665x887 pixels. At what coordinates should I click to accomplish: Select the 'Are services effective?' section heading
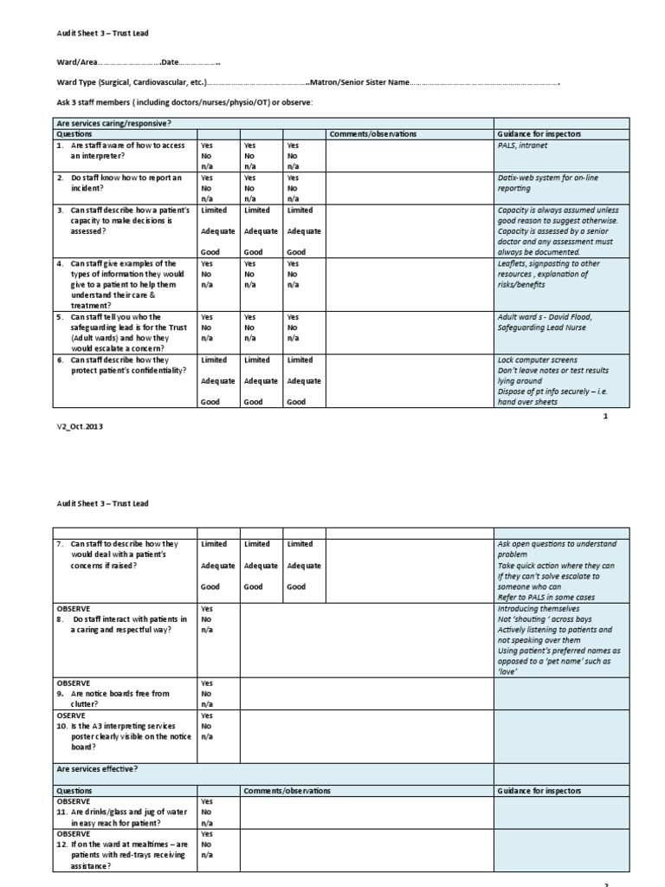coord(98,768)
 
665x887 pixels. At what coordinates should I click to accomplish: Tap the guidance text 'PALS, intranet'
coord(523,146)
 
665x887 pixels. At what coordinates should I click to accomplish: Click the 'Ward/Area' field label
coord(76,62)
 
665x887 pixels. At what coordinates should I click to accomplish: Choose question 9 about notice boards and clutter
coord(119,699)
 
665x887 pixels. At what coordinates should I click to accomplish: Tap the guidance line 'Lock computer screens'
coord(537,359)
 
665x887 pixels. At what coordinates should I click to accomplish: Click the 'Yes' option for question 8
coord(207,609)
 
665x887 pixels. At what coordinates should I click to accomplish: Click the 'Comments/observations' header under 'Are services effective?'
coord(282,791)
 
